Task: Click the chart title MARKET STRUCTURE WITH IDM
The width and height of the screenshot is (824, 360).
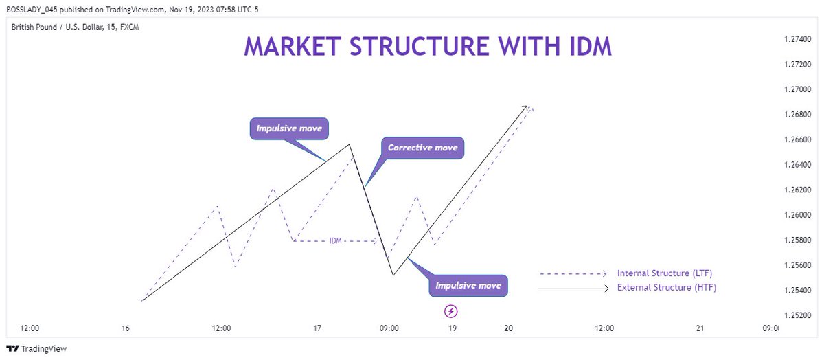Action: [428, 46]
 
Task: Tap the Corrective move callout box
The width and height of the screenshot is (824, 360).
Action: [422, 148]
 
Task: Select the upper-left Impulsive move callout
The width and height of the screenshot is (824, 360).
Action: [289, 128]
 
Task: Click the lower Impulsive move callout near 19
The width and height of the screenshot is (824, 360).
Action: [468, 285]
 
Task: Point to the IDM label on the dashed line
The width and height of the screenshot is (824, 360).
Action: [336, 241]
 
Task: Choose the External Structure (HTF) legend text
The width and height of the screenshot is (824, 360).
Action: [667, 288]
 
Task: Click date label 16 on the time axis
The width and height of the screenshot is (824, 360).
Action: [125, 328]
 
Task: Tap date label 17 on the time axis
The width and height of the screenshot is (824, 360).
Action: [317, 328]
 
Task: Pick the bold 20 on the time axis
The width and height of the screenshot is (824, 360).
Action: [508, 328]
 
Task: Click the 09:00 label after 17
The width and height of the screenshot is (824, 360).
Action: [389, 328]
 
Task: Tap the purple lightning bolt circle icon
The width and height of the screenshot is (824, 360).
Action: [451, 311]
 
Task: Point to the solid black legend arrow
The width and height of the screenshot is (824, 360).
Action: [573, 289]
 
